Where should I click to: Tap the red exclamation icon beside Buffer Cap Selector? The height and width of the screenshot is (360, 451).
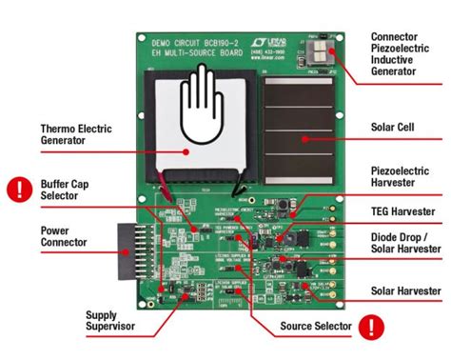click(x=17, y=189)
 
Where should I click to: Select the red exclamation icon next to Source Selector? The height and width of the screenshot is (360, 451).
click(x=377, y=328)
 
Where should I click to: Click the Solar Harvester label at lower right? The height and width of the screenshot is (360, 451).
click(x=406, y=290)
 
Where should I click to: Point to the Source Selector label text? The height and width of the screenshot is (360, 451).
click(x=316, y=327)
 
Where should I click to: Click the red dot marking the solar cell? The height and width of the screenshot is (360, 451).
click(x=304, y=139)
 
